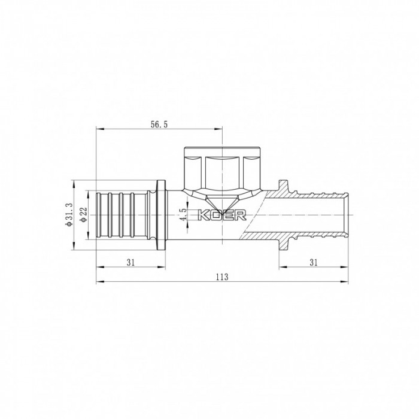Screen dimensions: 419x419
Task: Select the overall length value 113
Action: [x=222, y=277]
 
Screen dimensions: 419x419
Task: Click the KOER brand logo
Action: [x=219, y=215]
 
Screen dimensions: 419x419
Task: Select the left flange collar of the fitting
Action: [x=161, y=214]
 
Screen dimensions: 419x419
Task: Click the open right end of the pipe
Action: [x=348, y=214]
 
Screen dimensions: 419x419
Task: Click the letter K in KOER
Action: [x=202, y=215]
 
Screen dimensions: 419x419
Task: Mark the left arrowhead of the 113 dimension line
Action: [x=99, y=282]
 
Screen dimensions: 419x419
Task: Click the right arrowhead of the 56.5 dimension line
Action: [x=219, y=128]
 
